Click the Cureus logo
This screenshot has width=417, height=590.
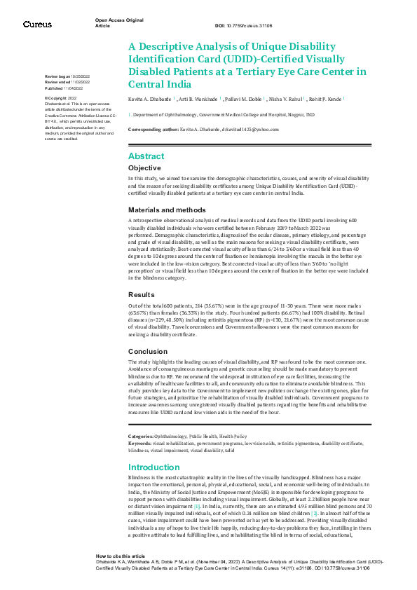tap(36, 25)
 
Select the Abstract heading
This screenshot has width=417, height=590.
tap(146, 157)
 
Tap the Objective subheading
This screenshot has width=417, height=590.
tap(144, 169)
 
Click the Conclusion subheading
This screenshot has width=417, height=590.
tap(147, 351)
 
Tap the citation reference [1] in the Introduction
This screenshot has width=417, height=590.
tap(198, 506)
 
